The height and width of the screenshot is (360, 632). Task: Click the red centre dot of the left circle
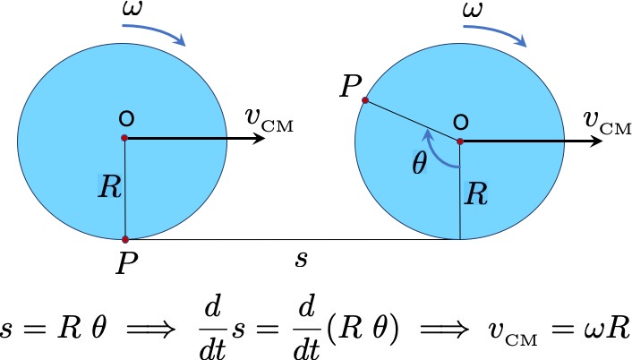click(x=124, y=138)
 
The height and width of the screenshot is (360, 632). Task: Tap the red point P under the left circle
click(x=125, y=239)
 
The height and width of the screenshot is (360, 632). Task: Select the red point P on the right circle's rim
click(x=365, y=100)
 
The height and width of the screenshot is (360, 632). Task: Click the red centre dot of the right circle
click(x=460, y=141)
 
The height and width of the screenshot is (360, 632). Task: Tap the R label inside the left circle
click(x=109, y=186)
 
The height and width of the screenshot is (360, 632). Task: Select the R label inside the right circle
click(x=476, y=194)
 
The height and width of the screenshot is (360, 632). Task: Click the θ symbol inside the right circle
click(x=420, y=164)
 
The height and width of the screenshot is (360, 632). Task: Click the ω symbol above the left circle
click(x=132, y=9)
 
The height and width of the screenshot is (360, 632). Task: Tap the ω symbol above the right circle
click(x=473, y=9)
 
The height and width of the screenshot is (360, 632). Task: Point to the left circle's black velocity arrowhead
click(x=259, y=138)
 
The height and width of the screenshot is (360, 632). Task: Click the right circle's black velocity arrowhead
click(x=596, y=141)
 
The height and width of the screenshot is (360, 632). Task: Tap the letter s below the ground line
click(x=301, y=259)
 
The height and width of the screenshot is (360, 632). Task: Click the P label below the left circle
click(x=127, y=263)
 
